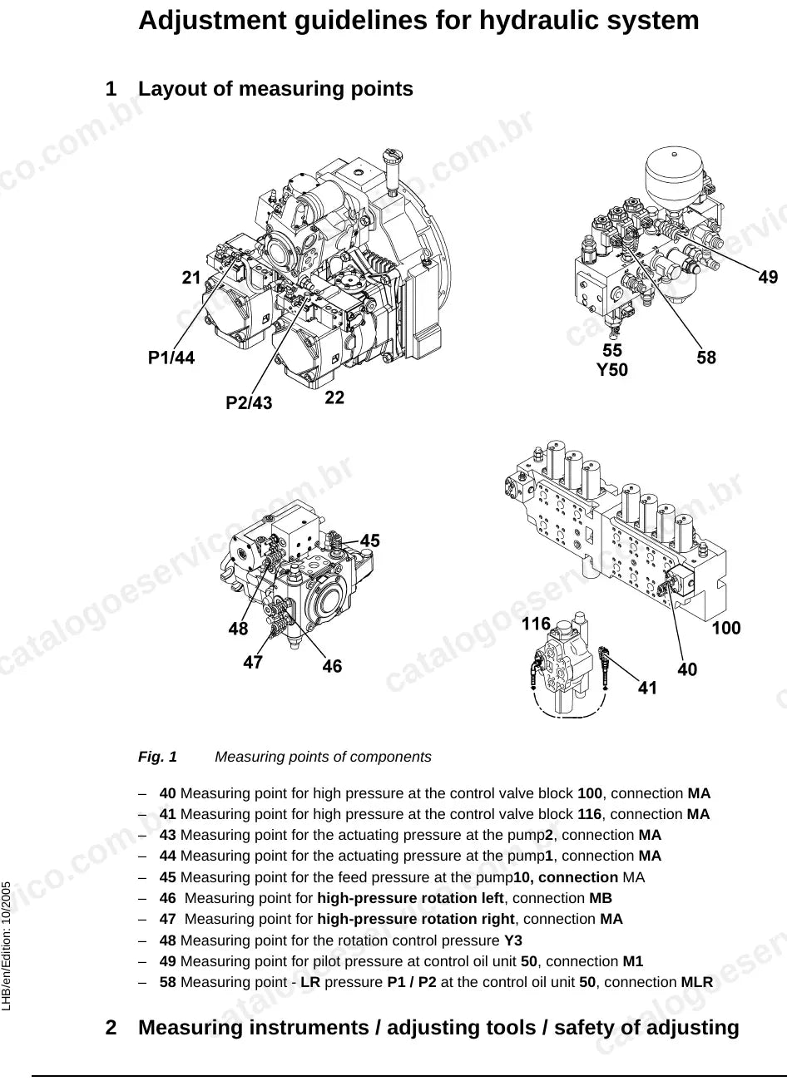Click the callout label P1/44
(x=171, y=358)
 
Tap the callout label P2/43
(x=249, y=402)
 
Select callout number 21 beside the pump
(x=191, y=278)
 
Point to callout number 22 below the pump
(x=334, y=397)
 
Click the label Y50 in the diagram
(x=612, y=370)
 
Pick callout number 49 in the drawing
(x=768, y=277)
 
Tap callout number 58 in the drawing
(x=706, y=358)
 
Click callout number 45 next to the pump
(x=370, y=540)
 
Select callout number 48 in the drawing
(x=238, y=629)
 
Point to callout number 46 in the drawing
(x=332, y=666)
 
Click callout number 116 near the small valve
(x=536, y=624)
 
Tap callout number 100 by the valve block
(x=726, y=628)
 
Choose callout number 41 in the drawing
(x=647, y=688)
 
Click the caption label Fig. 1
(x=157, y=757)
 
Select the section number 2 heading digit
(x=111, y=1027)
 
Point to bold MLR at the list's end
(x=696, y=982)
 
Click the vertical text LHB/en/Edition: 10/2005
(x=7, y=940)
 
